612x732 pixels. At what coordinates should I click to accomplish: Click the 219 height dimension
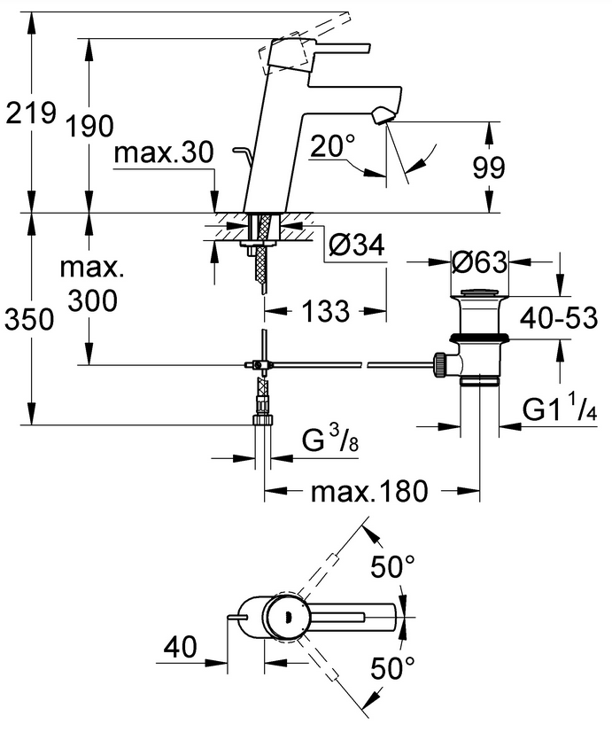[x=30, y=113]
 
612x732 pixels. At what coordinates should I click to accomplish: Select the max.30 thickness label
[x=164, y=153]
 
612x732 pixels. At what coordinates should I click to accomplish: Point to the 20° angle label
[x=332, y=144]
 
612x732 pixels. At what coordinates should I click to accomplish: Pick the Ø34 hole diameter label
[x=355, y=248]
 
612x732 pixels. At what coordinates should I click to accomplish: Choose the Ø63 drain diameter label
[x=478, y=262]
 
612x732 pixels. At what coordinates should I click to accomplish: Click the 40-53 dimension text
[x=559, y=316]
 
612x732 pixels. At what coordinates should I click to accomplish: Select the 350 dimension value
[x=30, y=318]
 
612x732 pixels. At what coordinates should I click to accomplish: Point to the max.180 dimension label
[x=369, y=490]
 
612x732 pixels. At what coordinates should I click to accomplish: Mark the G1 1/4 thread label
[x=561, y=409]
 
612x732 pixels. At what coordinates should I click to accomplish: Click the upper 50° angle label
[x=392, y=567]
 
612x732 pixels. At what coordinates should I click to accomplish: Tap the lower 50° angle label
[x=392, y=667]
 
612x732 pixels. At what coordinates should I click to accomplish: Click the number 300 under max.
[x=90, y=301]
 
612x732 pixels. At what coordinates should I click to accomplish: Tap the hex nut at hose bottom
[x=262, y=409]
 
